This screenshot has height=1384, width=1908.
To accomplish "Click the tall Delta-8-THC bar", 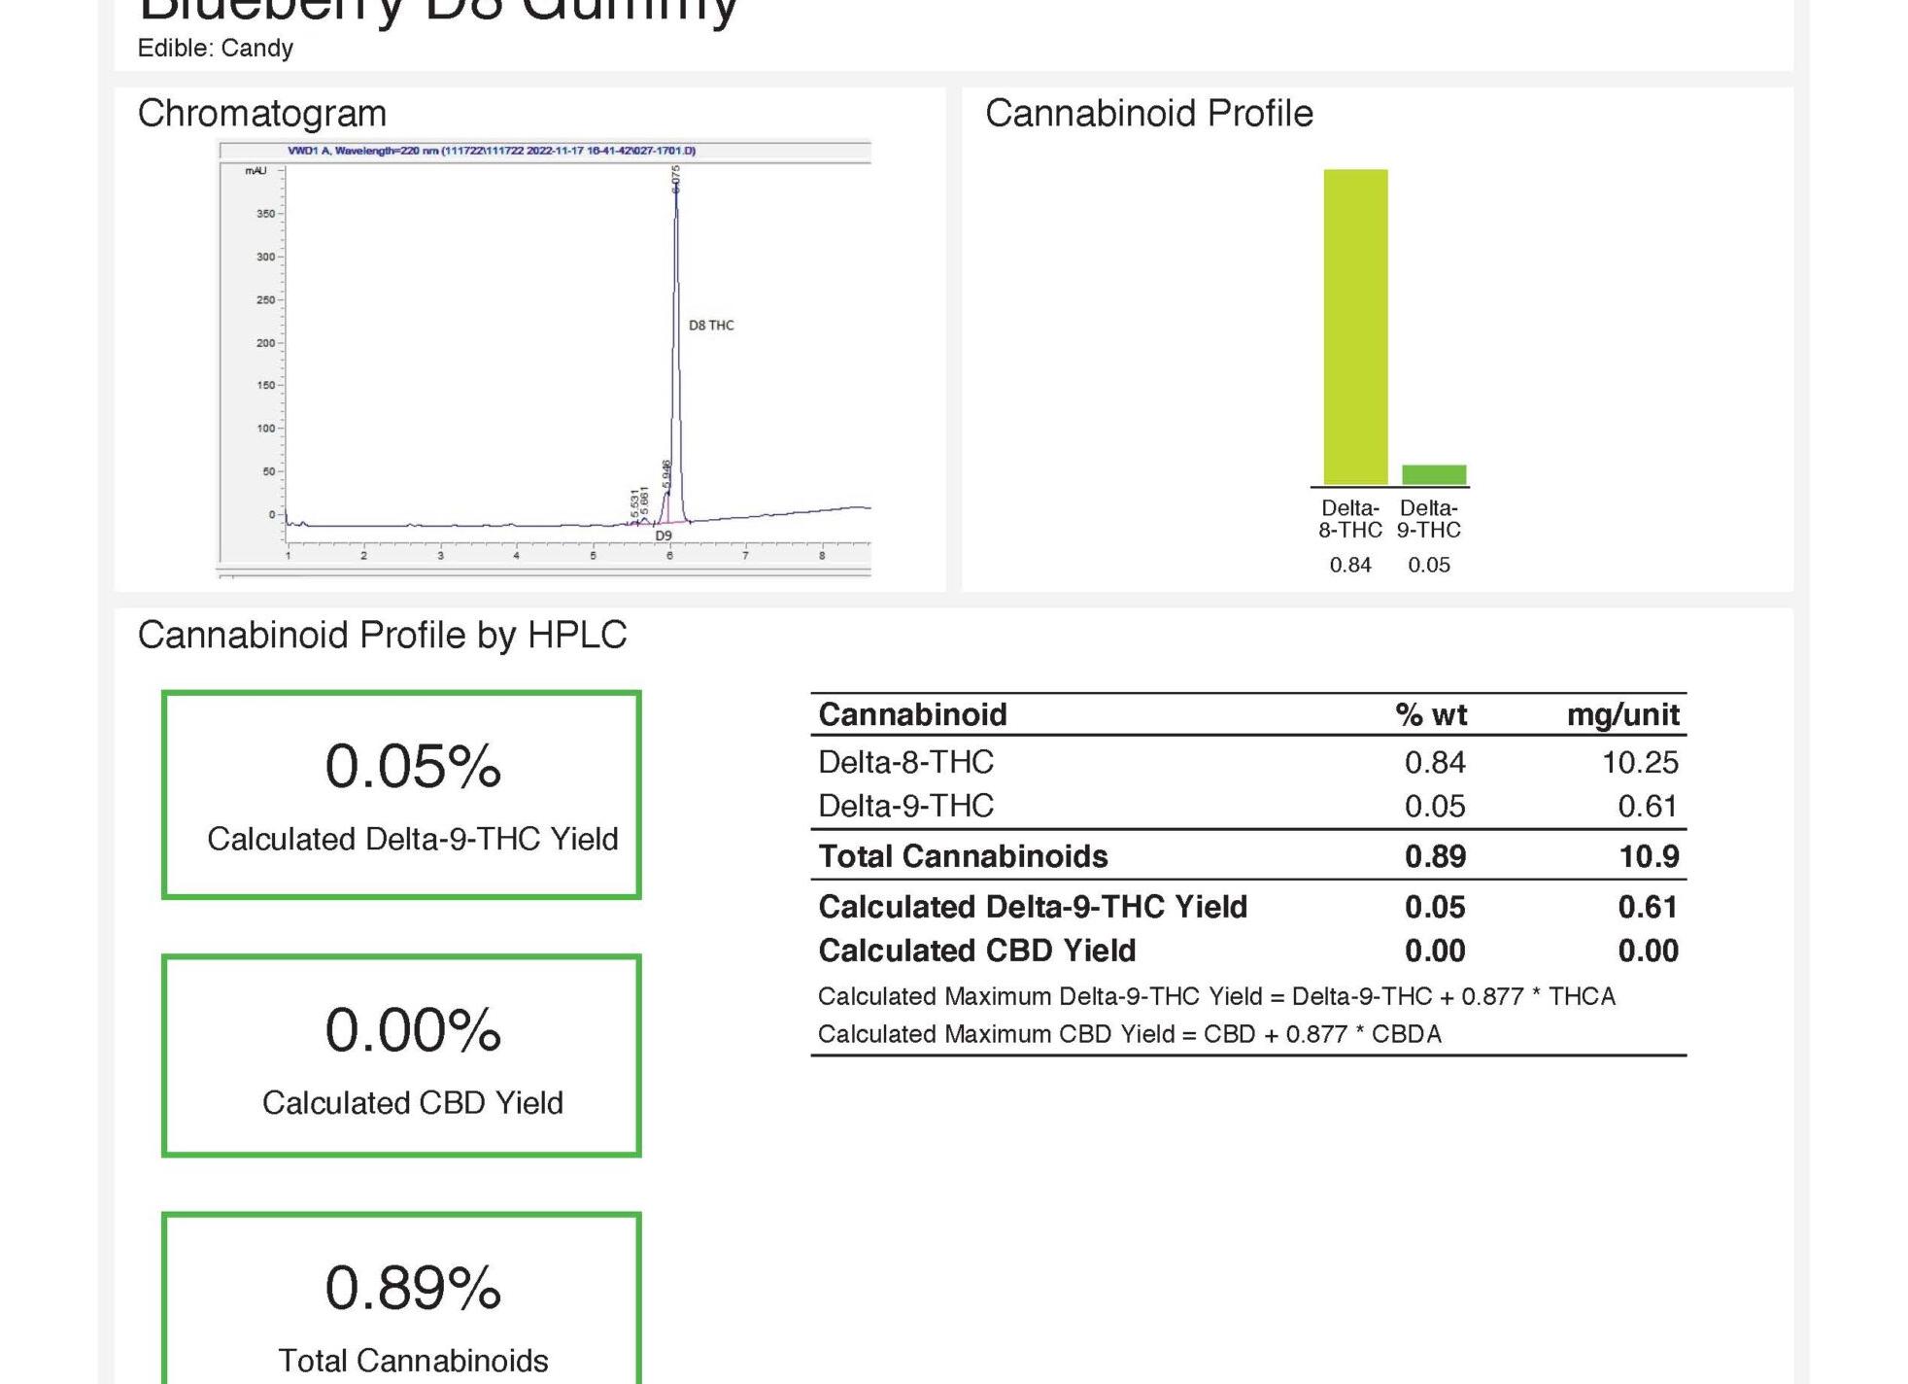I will tap(1355, 327).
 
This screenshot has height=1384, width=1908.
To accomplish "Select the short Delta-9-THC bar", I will tap(1434, 474).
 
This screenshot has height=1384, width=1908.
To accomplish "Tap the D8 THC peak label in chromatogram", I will tap(711, 326).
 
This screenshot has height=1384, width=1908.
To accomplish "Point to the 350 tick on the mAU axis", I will tap(265, 214).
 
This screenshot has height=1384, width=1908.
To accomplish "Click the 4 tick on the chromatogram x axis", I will tap(516, 556).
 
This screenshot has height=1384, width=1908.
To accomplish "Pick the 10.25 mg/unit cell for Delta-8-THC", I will tap(1639, 763).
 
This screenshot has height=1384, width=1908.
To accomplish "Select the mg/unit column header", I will tap(1622, 715).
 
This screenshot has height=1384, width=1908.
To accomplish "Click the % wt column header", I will tap(1431, 715).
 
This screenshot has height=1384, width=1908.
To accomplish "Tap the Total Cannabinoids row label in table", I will tap(963, 856).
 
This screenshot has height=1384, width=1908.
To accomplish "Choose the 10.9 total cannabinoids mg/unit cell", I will tap(1649, 856).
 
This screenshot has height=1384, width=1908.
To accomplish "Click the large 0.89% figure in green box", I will tap(413, 1288).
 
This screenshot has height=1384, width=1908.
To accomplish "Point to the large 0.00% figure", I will tap(413, 1030).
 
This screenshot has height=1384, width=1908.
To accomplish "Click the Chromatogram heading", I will tap(262, 114).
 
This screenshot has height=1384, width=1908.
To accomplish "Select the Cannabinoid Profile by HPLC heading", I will tap(382, 636).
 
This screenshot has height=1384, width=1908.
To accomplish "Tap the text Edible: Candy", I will tap(216, 49).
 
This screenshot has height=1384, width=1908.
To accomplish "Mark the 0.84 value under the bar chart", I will tap(1350, 565).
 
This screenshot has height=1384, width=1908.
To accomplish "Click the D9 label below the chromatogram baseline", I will tap(664, 536).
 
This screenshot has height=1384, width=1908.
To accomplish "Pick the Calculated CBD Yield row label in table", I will tap(976, 951).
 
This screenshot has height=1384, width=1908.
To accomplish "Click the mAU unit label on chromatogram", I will tap(256, 171).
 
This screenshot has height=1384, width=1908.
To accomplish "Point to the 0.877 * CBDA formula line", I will tap(1129, 1034).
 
